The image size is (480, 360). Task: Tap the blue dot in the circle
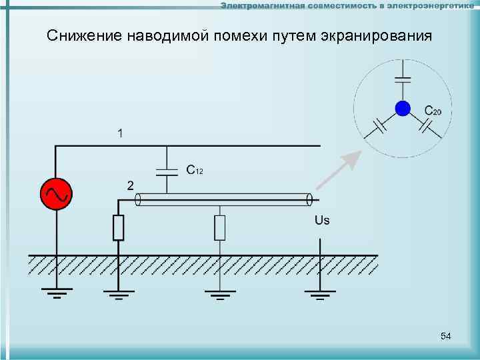click(402, 108)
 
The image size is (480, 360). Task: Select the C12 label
click(195, 171)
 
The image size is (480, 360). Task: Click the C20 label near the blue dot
click(433, 111)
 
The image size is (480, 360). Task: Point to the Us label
click(321, 221)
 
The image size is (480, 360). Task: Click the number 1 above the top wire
click(120, 133)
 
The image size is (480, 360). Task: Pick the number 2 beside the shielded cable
click(131, 185)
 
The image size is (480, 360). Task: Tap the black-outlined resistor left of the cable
click(119, 227)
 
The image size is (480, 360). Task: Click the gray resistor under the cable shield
click(220, 227)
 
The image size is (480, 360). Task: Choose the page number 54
click(446, 337)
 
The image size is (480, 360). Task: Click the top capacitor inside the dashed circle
click(402, 79)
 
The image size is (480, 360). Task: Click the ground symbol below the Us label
click(321, 294)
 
